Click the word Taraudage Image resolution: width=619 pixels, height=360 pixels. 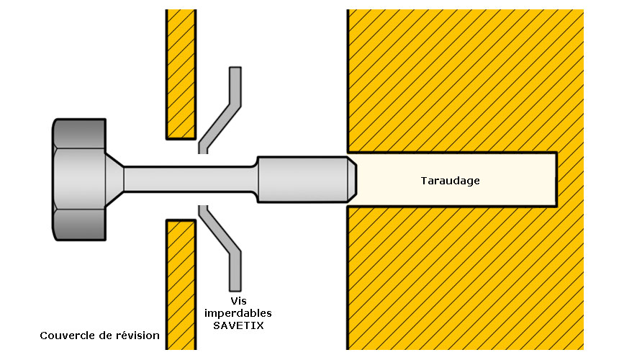click(450, 181)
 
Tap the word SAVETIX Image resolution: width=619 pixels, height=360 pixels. click(238, 325)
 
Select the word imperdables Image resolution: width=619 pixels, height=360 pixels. click(238, 313)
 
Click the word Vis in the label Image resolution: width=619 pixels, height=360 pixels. click(238, 301)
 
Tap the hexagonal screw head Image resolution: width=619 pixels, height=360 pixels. click(79, 179)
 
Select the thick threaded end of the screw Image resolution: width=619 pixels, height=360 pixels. click(303, 179)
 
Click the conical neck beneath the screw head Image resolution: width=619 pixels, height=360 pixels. click(115, 179)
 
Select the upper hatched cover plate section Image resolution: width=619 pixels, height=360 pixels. click(181, 75)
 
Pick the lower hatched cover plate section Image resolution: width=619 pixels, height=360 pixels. click(181, 284)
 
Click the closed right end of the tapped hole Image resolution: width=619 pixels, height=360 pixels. click(556, 179)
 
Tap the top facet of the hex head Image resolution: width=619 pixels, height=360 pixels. click(79, 133)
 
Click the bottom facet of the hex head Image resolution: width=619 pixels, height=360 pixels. click(79, 225)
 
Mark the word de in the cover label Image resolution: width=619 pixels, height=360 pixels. click(105, 336)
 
